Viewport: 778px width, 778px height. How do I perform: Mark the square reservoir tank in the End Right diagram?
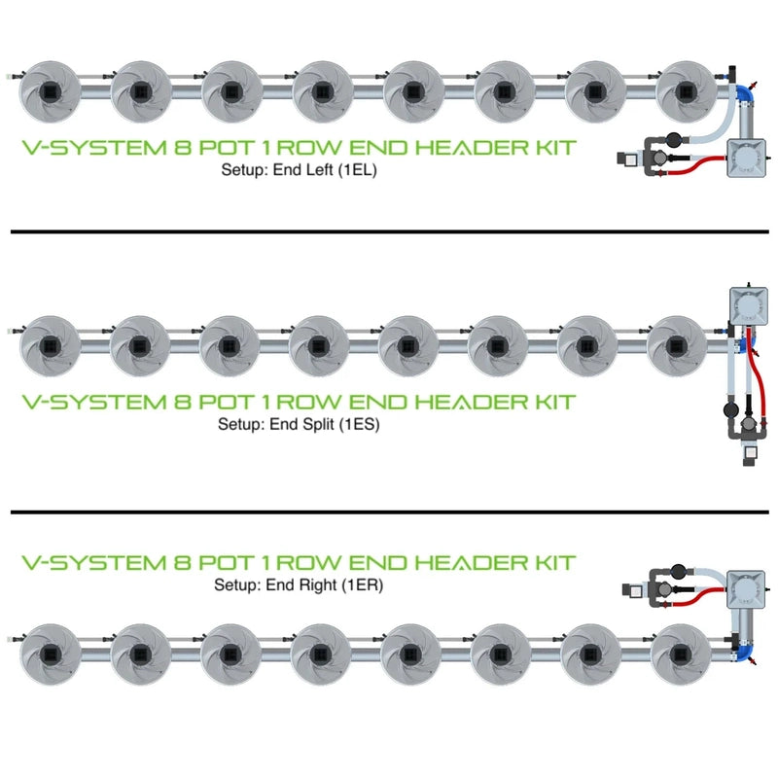[753, 589]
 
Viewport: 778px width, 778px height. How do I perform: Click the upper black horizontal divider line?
[389, 231]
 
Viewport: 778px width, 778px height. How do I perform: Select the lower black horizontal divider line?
[389, 511]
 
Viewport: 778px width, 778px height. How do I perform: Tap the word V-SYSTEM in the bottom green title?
[80, 563]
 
